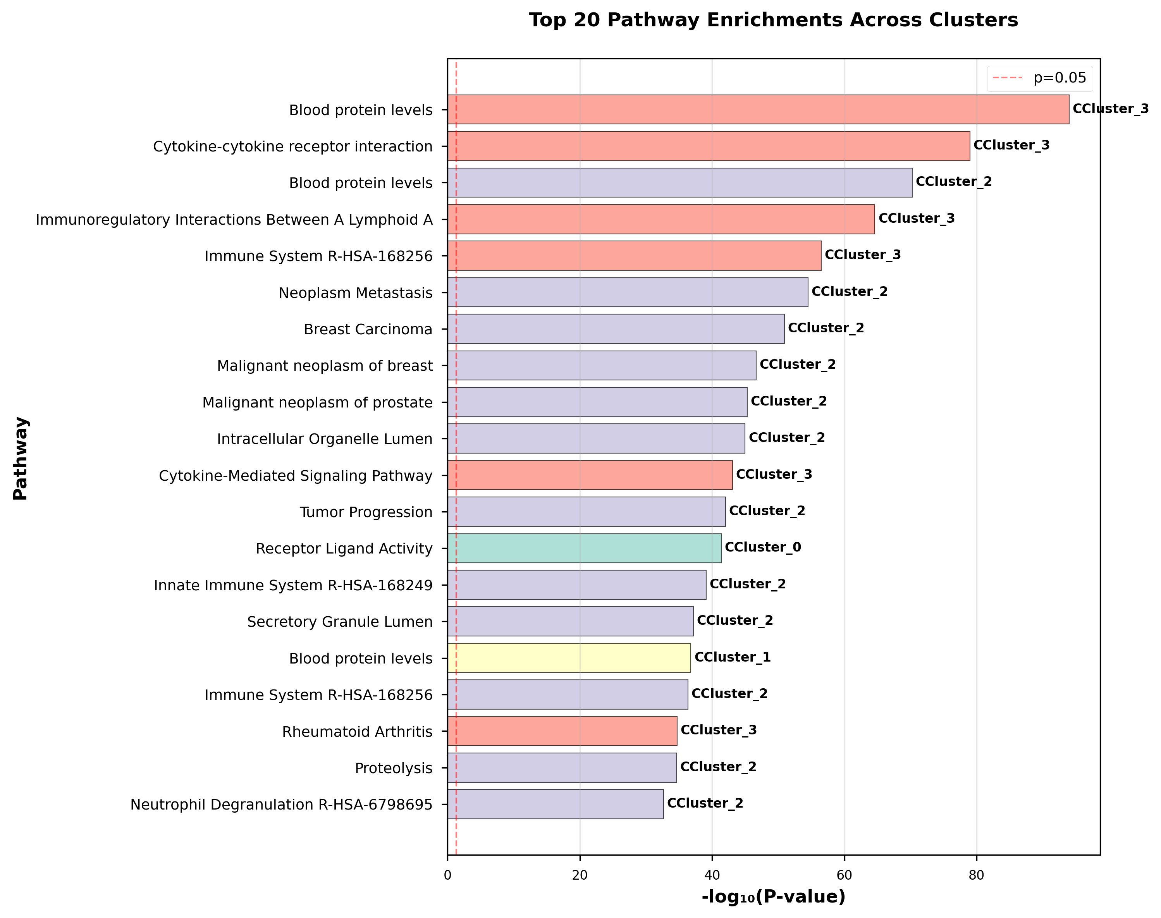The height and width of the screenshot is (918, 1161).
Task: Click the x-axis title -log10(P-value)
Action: pos(773,896)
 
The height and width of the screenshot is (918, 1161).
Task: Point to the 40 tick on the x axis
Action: pos(712,875)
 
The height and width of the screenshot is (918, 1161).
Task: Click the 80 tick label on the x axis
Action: pos(976,875)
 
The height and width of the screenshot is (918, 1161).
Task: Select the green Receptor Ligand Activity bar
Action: pos(584,548)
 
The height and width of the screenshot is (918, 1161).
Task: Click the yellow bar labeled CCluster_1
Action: pos(569,658)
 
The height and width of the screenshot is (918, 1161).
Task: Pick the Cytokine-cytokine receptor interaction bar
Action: pos(709,146)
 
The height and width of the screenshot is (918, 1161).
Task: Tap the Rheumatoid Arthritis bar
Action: pos(562,731)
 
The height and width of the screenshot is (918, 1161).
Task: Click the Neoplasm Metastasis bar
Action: pos(627,292)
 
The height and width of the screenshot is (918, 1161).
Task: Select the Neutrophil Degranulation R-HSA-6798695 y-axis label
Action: pos(281,805)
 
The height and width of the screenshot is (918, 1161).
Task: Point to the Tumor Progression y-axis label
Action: pos(366,512)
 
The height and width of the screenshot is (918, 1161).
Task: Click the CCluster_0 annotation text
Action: pos(763,547)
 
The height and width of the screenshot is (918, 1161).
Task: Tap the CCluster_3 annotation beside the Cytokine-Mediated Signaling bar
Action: pos(774,474)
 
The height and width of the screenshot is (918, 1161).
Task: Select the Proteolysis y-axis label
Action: pos(394,768)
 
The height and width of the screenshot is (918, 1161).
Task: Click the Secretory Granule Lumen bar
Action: pos(570,621)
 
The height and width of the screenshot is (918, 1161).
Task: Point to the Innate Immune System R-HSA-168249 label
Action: pos(293,585)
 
